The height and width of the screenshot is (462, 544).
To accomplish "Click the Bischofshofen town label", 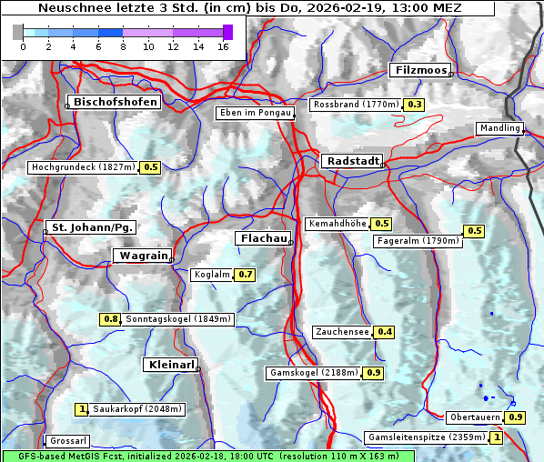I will coord(116,102).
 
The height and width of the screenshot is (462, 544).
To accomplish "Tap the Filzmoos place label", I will coord(419,70).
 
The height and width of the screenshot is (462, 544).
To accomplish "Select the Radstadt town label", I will coord(351,161).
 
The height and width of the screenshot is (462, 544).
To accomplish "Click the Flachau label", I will coord(264,238).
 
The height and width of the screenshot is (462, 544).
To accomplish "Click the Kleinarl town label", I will coord(170,365).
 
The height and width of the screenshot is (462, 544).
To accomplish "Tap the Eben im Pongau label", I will coord(254,113).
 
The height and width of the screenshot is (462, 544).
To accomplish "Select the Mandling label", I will coord(499,128).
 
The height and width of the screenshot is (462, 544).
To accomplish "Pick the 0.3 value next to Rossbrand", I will coord(415,105).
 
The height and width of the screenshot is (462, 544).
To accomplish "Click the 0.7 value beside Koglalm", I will coord(245,274).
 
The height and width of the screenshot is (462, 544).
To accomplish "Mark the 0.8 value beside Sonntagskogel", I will coord(110,319).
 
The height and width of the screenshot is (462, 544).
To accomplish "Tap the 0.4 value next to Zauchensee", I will coord(385,332).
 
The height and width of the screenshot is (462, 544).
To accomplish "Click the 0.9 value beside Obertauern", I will coord(516,417).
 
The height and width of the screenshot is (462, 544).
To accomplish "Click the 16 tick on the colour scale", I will coord(223,46).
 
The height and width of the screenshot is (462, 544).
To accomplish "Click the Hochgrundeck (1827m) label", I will coord(83,167).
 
